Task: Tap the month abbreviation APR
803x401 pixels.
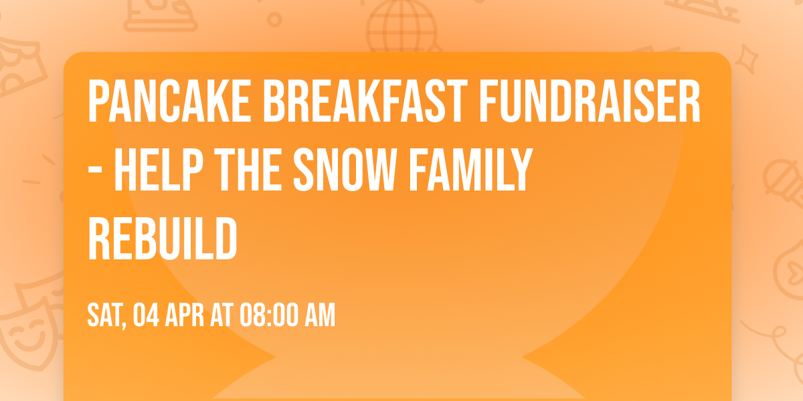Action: coord(185,315)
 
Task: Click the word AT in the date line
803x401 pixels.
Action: coord(220,315)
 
